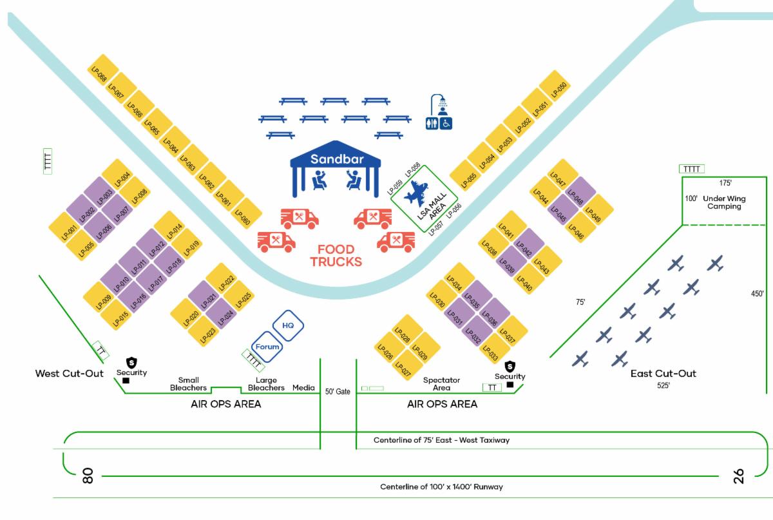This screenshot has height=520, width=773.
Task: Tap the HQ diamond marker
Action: coord(288,326)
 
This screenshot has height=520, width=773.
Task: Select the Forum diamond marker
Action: coord(267,347)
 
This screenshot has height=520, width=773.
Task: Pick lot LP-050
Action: coord(555,88)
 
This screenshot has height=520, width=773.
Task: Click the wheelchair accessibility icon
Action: coord(446,123)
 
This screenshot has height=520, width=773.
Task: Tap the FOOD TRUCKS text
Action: coord(336,256)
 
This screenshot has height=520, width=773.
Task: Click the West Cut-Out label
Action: coord(69,374)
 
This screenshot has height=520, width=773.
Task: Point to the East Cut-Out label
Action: coord(663,374)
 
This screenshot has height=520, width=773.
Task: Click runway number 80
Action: coord(89,476)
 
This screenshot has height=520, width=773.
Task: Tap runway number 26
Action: coord(738,476)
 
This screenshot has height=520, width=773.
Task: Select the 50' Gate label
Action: coord(338,391)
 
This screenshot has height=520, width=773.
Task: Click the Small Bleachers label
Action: coord(189,384)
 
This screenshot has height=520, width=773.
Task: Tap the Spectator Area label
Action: coord(441,384)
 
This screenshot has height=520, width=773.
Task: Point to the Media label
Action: coord(304,388)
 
